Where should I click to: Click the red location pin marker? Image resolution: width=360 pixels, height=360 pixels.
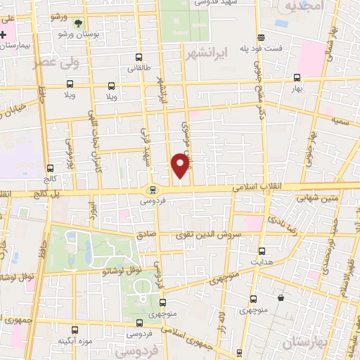(x=181, y=166)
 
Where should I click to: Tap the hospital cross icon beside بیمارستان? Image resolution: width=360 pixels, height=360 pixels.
(x=4, y=34)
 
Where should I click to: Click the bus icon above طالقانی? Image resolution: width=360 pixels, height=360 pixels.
(x=138, y=58)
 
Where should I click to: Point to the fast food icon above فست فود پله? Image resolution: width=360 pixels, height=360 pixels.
(x=262, y=37)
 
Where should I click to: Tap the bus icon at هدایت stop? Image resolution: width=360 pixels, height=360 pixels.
(x=262, y=251)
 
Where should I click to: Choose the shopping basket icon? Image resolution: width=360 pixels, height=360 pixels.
(x=281, y=297)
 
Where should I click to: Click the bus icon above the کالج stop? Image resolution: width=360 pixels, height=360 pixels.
(x=49, y=168)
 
